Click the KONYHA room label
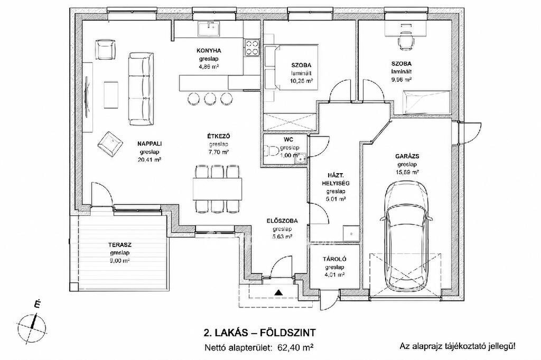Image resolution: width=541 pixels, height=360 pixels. pyautogui.click(x=209, y=51)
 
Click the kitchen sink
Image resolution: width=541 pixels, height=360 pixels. pyautogui.click(x=209, y=29)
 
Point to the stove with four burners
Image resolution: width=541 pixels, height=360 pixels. pyautogui.click(x=251, y=48)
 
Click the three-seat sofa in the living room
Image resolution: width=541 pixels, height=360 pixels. pyautogui.click(x=141, y=89)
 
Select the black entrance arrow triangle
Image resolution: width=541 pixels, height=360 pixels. pyautogui.click(x=278, y=293)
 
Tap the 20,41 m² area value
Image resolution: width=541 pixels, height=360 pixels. pyautogui.click(x=150, y=160)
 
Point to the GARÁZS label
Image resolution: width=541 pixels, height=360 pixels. pyautogui.click(x=407, y=156)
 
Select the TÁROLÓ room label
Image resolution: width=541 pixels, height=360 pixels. pyautogui.click(x=334, y=259)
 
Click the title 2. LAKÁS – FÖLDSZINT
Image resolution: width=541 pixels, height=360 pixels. pyautogui.click(x=259, y=333)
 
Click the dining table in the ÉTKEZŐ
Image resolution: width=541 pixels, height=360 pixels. pyautogui.click(x=217, y=188)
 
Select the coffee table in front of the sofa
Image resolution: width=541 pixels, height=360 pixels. pyautogui.click(x=111, y=95)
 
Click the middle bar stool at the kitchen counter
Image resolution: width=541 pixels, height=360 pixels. pyautogui.click(x=210, y=99)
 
